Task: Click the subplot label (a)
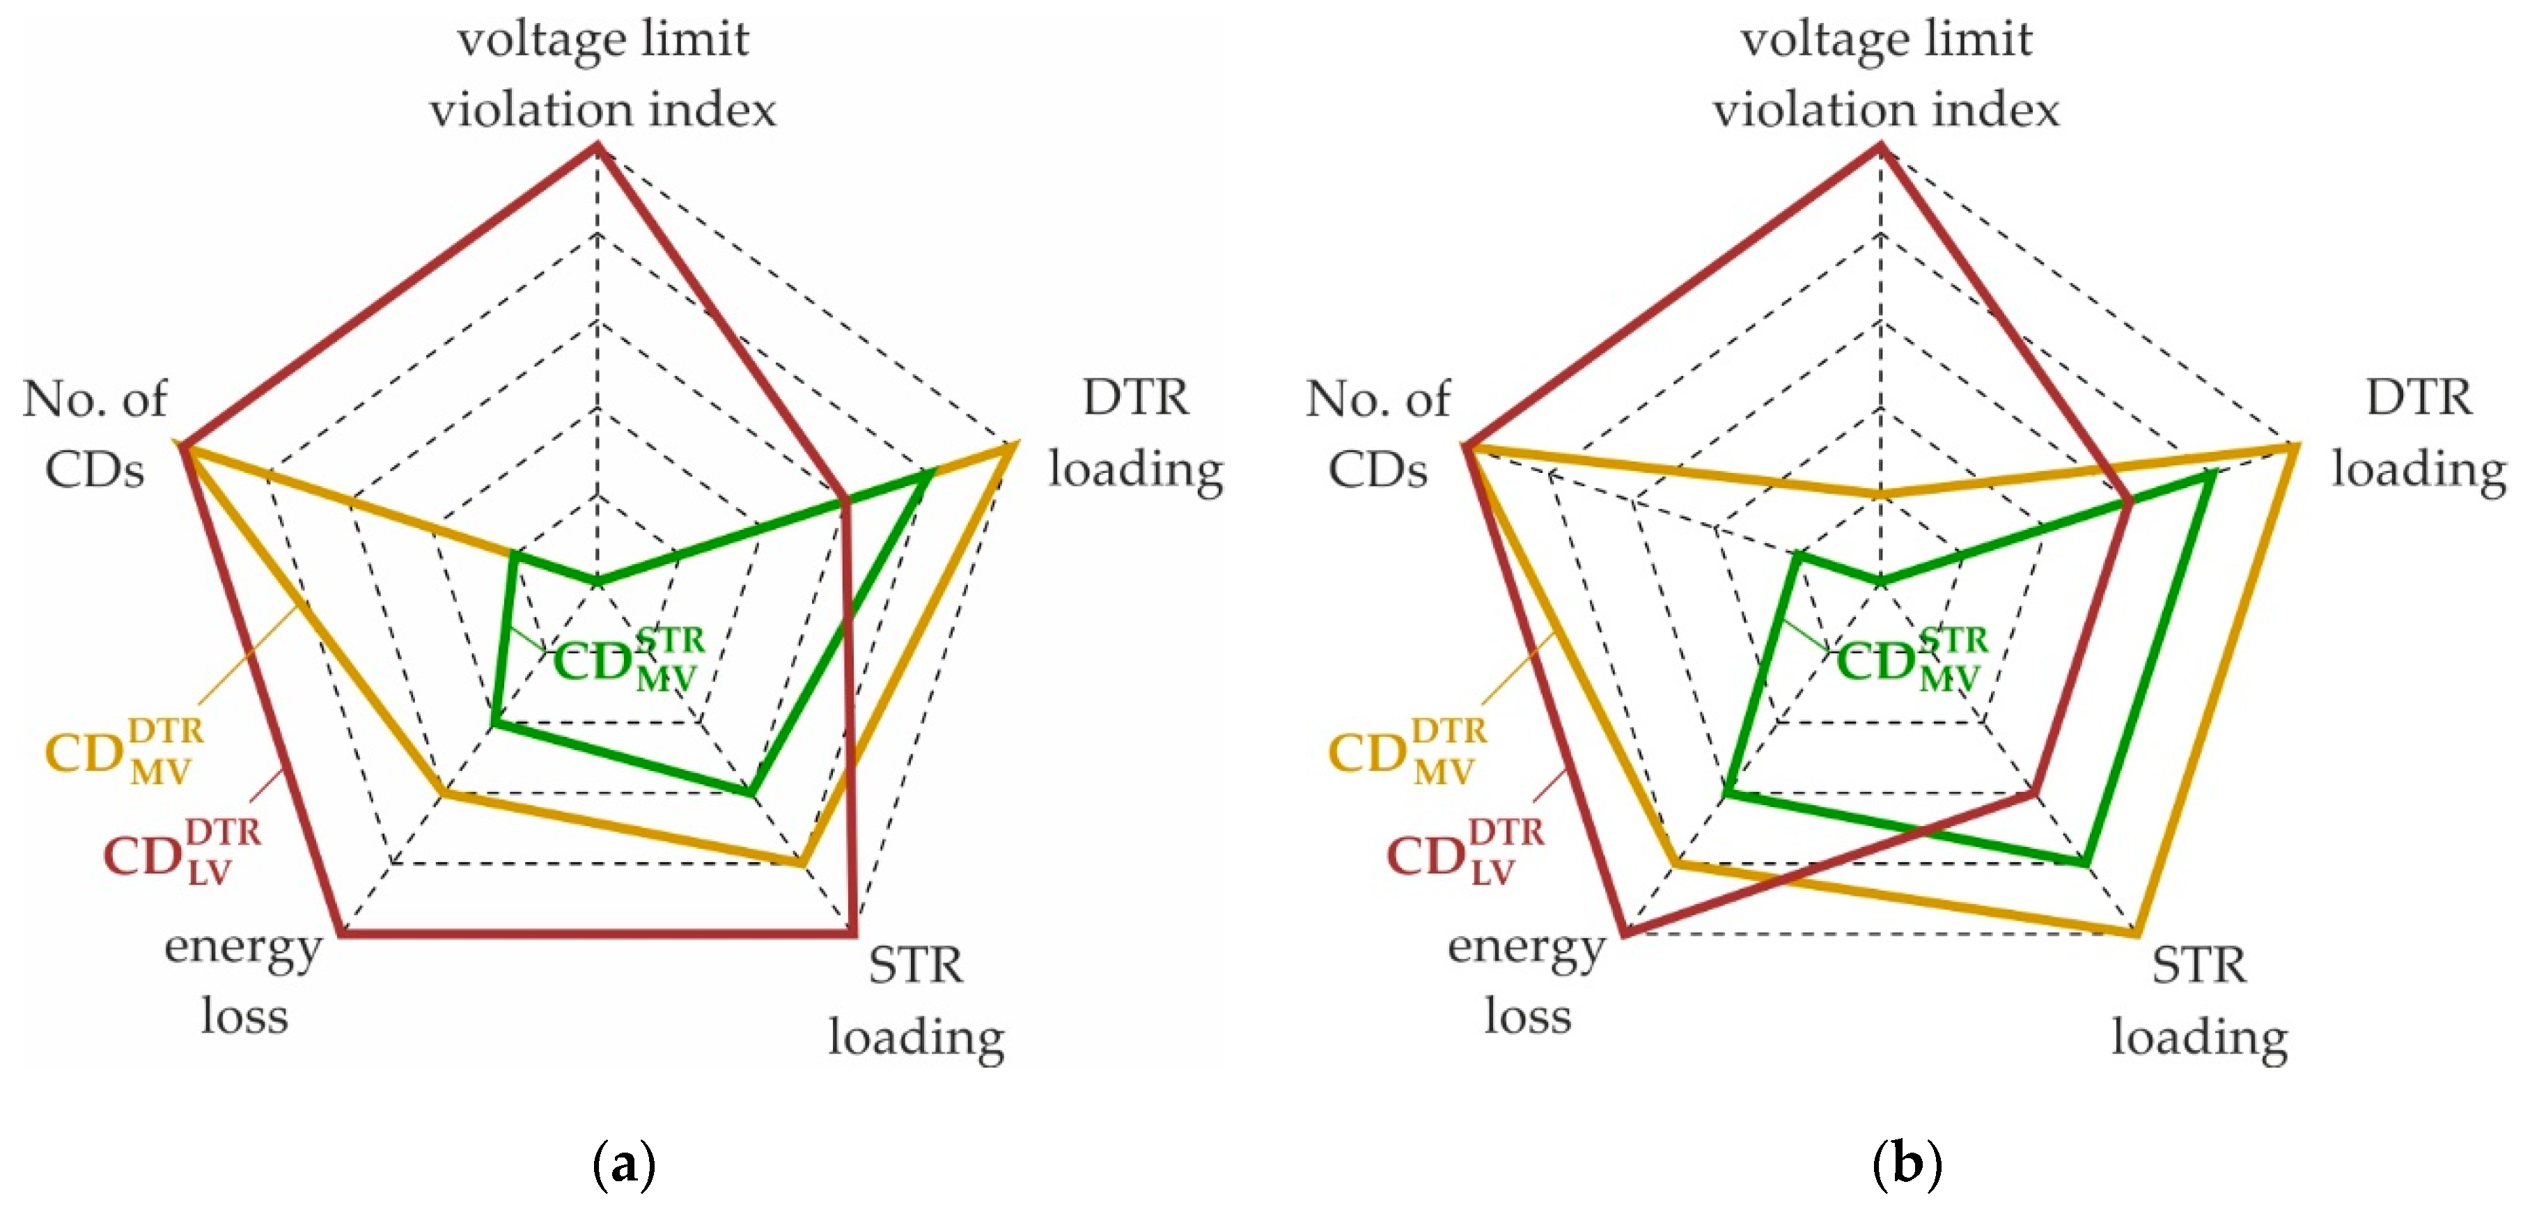click(x=625, y=1165)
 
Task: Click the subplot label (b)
click(x=1907, y=1165)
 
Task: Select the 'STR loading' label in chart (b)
click(x=2200, y=1001)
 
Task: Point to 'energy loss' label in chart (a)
click(x=244, y=981)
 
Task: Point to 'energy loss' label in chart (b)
click(x=1526, y=981)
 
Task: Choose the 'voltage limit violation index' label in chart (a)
click(x=602, y=74)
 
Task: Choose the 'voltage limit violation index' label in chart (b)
click(x=1886, y=74)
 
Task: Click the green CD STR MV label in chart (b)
click(x=1911, y=659)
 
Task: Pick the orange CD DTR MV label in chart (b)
click(x=1407, y=752)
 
